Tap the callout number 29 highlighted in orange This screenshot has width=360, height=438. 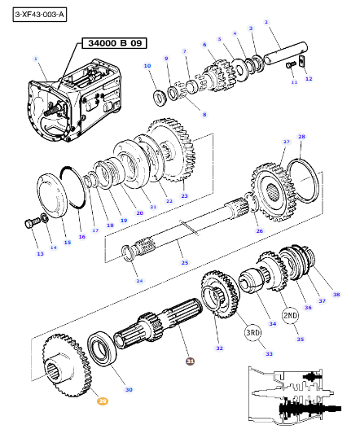103,400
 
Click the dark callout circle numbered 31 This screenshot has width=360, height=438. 190,361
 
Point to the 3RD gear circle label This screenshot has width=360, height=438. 252,332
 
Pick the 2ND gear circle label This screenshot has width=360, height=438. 290,315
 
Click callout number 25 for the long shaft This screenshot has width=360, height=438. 184,263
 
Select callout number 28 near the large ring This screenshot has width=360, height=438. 301,137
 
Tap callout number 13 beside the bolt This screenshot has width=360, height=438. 40,255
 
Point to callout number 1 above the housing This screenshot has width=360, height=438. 36,59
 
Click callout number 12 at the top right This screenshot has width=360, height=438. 308,79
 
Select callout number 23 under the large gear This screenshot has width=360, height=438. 184,196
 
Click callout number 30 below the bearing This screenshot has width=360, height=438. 129,390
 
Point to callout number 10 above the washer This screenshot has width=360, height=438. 147,65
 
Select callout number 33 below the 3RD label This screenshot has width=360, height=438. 270,354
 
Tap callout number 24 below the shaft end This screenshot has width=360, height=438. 139,281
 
